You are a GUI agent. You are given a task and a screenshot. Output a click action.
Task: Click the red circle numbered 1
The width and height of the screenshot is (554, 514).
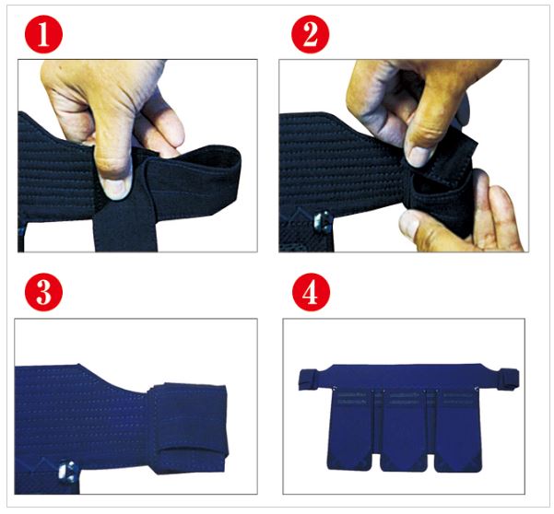(x=44, y=34)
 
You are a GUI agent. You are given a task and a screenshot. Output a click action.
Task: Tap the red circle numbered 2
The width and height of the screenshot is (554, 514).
(x=311, y=34)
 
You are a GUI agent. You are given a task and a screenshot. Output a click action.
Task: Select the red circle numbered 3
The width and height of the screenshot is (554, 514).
(x=44, y=292)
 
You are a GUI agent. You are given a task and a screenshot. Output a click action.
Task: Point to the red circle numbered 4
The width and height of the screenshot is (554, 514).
(x=312, y=292)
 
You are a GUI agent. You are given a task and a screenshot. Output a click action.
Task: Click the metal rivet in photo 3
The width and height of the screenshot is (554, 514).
(x=68, y=472)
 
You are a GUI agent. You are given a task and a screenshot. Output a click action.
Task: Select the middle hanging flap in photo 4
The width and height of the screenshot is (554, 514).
(x=404, y=431)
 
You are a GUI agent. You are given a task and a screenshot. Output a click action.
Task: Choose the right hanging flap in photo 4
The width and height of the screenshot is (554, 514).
(x=457, y=431)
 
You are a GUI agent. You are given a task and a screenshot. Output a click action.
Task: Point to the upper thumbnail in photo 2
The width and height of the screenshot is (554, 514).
(x=418, y=156)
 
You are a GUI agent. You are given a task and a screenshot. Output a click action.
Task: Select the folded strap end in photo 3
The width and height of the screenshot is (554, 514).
(x=189, y=428)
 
